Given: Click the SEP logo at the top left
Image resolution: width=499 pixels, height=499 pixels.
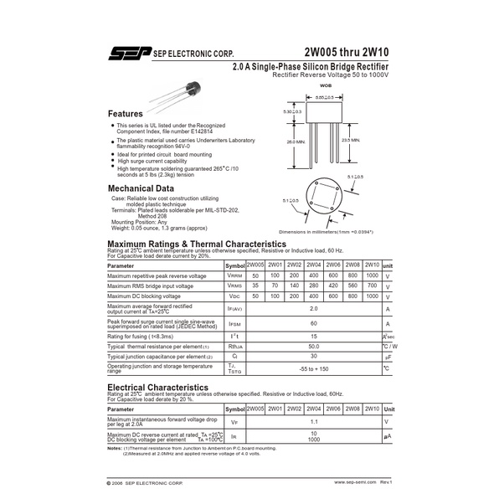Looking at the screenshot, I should tap(127, 54).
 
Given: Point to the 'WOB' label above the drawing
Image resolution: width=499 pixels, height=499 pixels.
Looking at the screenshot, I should tap(327, 86).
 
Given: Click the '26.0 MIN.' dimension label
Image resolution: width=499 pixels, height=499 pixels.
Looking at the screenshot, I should tap(293, 142).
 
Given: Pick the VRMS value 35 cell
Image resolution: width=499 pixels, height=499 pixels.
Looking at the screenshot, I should tap(255, 286).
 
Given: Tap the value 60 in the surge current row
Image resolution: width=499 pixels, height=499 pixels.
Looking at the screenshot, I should tap(313, 323).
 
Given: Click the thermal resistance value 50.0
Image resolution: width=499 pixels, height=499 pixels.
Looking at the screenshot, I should tap(313, 346).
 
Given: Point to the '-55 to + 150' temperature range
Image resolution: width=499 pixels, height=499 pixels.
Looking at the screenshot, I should tap(313, 369).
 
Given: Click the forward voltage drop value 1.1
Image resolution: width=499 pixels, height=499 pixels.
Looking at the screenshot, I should tap(313, 422).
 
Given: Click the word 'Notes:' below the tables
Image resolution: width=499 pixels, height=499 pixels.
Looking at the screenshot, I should tap(115, 449).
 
